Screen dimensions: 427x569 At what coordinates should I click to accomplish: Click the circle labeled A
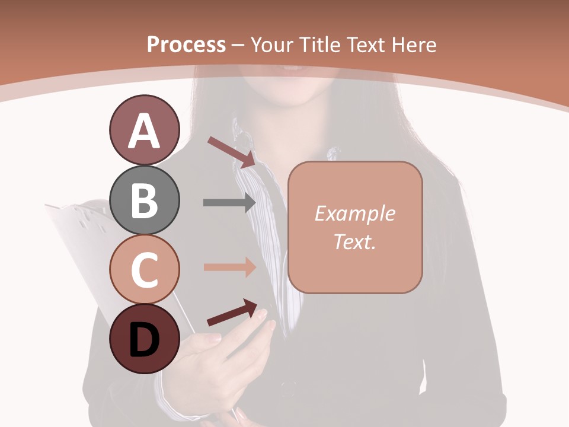point(144,130)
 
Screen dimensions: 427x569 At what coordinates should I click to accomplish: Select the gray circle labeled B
point(144,200)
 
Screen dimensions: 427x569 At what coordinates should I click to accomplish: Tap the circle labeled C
point(144,269)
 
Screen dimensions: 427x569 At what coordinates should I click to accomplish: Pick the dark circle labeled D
point(144,339)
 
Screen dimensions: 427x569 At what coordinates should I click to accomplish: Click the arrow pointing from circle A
point(231,151)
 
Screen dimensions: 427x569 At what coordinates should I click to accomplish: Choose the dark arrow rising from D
point(232,313)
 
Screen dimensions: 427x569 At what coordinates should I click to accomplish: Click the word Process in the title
point(186,44)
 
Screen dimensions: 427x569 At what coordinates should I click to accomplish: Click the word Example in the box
point(355,213)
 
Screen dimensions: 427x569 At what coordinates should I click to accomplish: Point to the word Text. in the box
point(355,241)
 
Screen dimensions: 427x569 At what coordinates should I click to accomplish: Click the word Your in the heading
point(273,44)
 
